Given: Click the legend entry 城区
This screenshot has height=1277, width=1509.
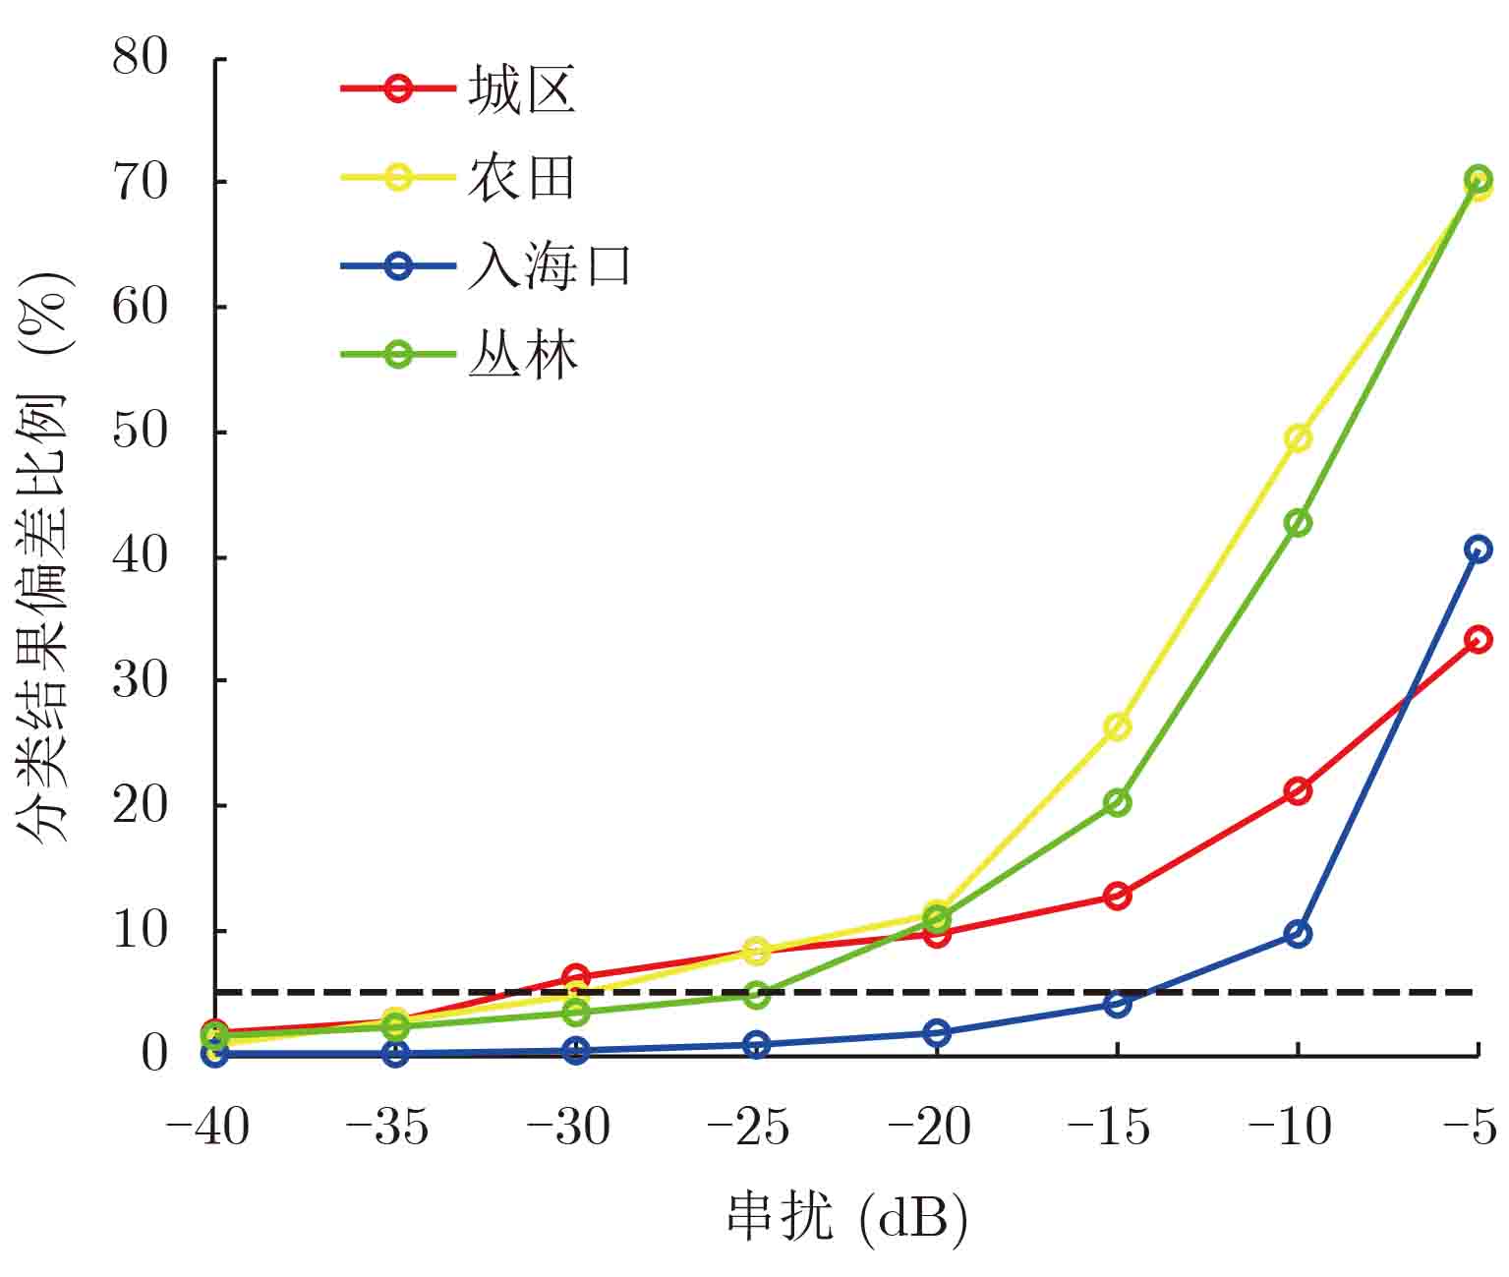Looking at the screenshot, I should pyautogui.click(x=521, y=90).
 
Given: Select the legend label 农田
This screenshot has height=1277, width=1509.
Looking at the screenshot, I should pyautogui.click(x=521, y=178).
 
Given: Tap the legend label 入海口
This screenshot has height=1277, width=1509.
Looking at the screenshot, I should pyautogui.click(x=549, y=266).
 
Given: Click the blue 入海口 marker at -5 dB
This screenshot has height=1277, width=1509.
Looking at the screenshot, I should pyautogui.click(x=1478, y=549).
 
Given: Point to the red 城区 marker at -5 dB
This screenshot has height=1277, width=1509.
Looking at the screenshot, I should pyautogui.click(x=1478, y=640).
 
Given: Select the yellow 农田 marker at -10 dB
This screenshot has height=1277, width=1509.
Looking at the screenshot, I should pyautogui.click(x=1298, y=437).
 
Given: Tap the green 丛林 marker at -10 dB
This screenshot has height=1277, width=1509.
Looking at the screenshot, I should pyautogui.click(x=1298, y=523).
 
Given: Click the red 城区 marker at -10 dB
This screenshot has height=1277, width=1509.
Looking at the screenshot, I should pyautogui.click(x=1298, y=790).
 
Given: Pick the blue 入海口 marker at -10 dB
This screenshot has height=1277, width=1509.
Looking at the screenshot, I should pyautogui.click(x=1298, y=934).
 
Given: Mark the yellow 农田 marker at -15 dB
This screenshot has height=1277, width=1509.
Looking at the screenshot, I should pyautogui.click(x=1117, y=727).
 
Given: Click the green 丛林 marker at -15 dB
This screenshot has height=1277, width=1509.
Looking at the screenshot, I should pyautogui.click(x=1117, y=803).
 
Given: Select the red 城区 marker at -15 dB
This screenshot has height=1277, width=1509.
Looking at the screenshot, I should pyautogui.click(x=1117, y=896).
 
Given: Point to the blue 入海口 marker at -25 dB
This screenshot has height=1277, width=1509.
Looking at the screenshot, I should pyautogui.click(x=756, y=1045).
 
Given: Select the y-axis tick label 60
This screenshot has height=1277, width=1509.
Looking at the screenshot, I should pyautogui.click(x=141, y=307).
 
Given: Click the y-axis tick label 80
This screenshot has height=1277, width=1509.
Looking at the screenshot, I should pyautogui.click(x=141, y=57).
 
